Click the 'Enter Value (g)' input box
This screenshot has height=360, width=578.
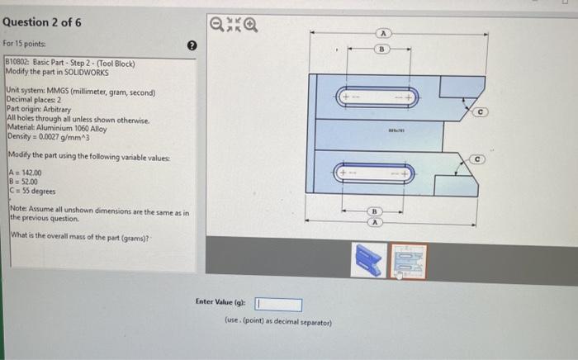tap(278, 305)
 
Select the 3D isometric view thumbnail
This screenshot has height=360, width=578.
tap(367, 260)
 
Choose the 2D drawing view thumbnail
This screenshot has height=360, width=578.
tap(408, 260)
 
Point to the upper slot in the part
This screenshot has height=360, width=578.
tap(377, 97)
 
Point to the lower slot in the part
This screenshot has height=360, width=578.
tap(377, 174)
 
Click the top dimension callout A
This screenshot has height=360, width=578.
tap(383, 33)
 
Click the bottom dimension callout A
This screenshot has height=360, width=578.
tap(376, 222)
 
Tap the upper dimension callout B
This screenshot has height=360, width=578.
tap(382, 49)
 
